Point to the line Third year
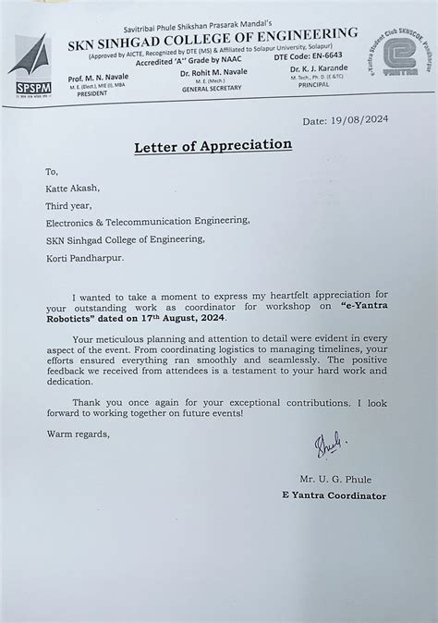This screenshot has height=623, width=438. click(69, 204)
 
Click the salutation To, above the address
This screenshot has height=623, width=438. click(53, 171)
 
